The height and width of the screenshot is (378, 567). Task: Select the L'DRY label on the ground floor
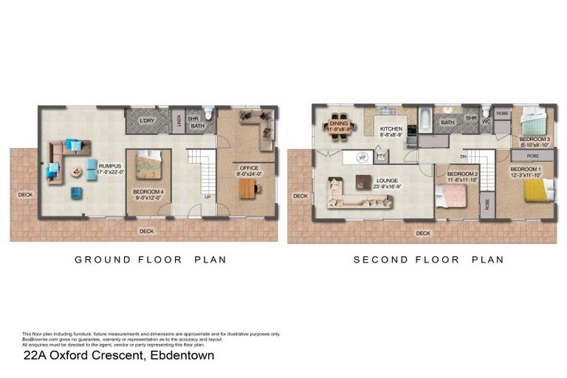coord(147,120)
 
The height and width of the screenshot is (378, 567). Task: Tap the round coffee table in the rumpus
coord(76,172)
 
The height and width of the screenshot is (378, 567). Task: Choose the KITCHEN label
coord(391,128)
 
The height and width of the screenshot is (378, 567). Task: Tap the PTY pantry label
coord(381,156)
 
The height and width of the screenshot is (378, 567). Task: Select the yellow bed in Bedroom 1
coord(539,190)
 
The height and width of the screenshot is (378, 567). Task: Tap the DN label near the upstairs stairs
coord(463,157)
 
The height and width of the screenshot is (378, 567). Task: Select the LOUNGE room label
coord(386,179)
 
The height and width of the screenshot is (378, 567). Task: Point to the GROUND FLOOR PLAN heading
coord(151,260)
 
